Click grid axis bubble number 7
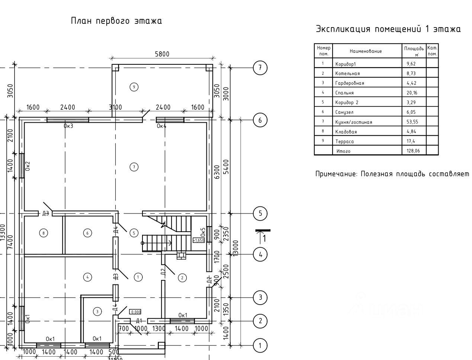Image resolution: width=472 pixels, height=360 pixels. pos(260,68)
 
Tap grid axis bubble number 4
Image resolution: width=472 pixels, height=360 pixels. pos(260,255)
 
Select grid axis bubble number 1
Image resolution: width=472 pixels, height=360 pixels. pos(260,345)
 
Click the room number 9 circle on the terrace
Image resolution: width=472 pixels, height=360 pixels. pos(134,87)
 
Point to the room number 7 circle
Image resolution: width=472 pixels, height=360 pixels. pos(134,167)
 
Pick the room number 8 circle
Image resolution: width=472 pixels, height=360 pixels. pos(44,233)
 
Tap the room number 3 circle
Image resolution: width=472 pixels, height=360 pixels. pos(97,312)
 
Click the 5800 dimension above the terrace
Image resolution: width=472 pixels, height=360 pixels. pos(162,54)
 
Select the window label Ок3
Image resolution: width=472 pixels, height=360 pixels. pos(68,126)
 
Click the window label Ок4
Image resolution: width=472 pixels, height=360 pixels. pos(161,126)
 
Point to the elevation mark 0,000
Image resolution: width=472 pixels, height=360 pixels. pos(135,312)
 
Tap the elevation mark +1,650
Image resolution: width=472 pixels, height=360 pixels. pos(199,240)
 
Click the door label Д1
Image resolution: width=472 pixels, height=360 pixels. pos(139,321)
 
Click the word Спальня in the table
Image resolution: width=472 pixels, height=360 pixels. pos(344,93)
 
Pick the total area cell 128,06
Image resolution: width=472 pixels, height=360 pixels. pos(413,151)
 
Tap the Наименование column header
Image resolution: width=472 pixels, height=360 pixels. pos(366,51)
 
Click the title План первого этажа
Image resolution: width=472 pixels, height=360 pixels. pos(116,21)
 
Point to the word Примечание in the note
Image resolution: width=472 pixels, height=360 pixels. pos(336,174)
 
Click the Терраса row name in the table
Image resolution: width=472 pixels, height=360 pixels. pos(344,141)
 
